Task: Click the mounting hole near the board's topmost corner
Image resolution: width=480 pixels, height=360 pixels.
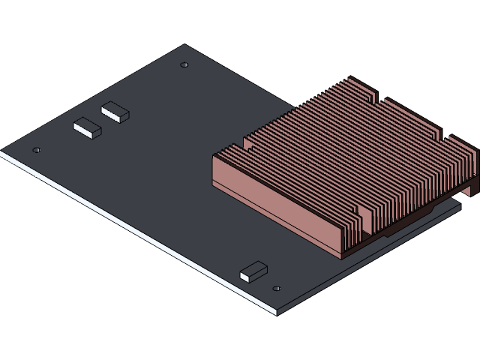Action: pyautogui.click(x=184, y=65)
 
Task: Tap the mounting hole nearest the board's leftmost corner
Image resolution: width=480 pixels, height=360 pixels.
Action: pyautogui.click(x=37, y=150)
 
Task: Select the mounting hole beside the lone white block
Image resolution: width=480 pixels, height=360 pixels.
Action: pyautogui.click(x=277, y=288)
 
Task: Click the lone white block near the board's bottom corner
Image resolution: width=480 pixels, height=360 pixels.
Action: pyautogui.click(x=253, y=271)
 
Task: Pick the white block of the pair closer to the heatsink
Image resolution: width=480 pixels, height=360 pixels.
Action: pyautogui.click(x=115, y=112)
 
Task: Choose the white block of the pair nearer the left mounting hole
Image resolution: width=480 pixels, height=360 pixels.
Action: pyautogui.click(x=87, y=128)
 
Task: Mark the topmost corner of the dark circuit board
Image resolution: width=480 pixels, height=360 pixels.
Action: pyautogui.click(x=185, y=46)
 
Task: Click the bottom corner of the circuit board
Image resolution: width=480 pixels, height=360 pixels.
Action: pyautogui.click(x=276, y=311)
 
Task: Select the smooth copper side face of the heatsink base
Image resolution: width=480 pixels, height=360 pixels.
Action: pyautogui.click(x=277, y=206)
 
